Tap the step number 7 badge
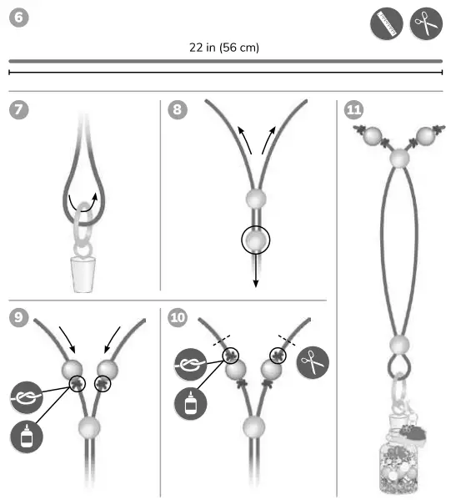[x=19, y=111]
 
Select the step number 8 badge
[x=177, y=111]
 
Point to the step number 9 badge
[x=19, y=319]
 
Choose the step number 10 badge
[x=178, y=319]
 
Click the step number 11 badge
[x=353, y=111]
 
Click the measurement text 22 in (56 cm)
[x=224, y=48]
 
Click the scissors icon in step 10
[x=313, y=362]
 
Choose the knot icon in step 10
[x=190, y=363]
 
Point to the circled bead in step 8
[x=256, y=241]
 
